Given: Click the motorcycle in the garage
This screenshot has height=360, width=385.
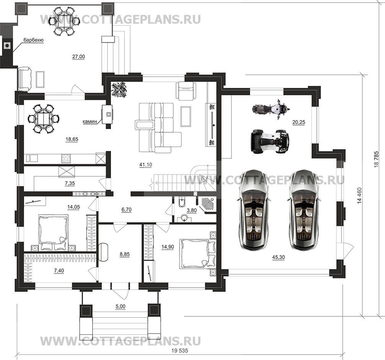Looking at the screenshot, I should click(270, 108).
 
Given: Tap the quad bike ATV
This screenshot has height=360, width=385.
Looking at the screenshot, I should click(270, 141).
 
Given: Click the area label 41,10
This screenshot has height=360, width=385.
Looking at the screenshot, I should click(145, 165).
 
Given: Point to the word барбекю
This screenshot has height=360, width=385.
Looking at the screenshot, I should click(33, 39).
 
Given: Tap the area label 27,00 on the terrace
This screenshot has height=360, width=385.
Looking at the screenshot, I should click(78, 57).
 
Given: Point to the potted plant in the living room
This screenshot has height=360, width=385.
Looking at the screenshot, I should click(119, 90).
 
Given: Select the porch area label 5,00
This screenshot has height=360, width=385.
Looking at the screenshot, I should click(119, 306).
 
